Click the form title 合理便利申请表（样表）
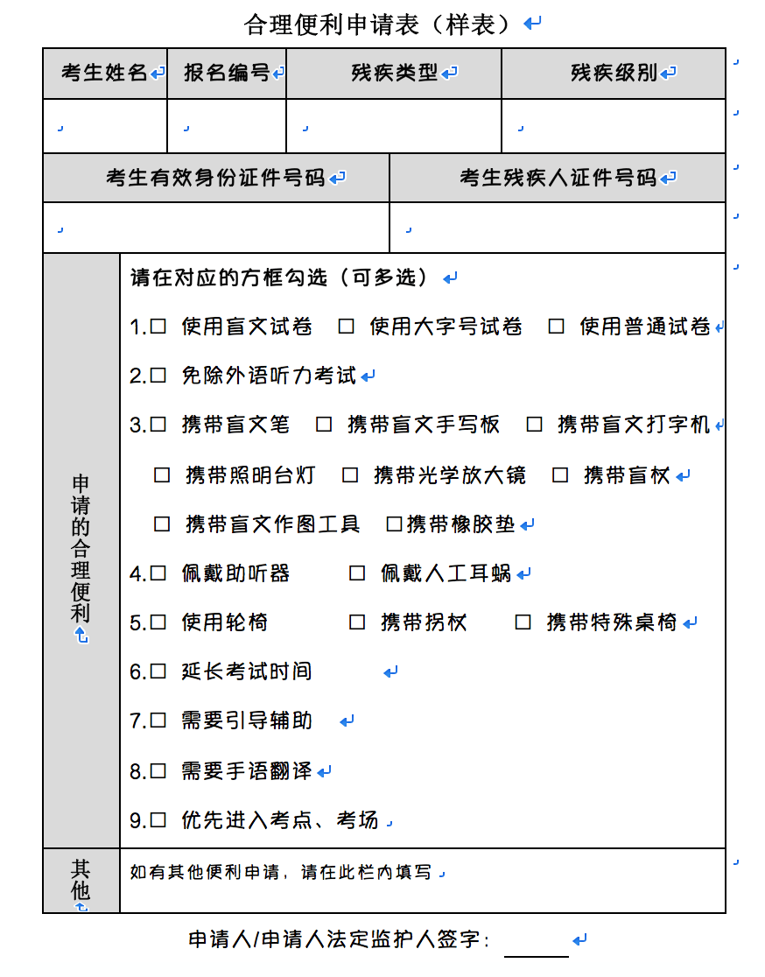377,25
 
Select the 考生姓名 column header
104,74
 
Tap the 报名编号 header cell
227,74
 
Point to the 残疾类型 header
394,74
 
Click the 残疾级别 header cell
614,74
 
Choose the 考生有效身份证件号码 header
215,178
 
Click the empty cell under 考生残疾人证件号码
558,228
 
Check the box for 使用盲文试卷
158,327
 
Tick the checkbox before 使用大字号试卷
347,327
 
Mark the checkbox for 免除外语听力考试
158,376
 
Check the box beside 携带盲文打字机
535,425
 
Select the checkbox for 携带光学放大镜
351,475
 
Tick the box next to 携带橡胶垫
394,524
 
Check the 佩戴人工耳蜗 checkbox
357,573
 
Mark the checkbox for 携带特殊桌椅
523,622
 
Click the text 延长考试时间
246,671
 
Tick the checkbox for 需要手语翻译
158,771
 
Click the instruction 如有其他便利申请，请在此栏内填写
280,872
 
